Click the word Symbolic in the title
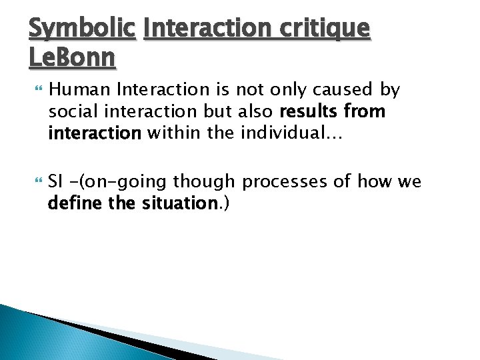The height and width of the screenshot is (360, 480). pos(82,28)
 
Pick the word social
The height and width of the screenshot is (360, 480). pos(71,111)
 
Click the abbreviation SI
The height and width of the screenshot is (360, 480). pos(56,182)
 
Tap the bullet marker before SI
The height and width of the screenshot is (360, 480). pos(35,182)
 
